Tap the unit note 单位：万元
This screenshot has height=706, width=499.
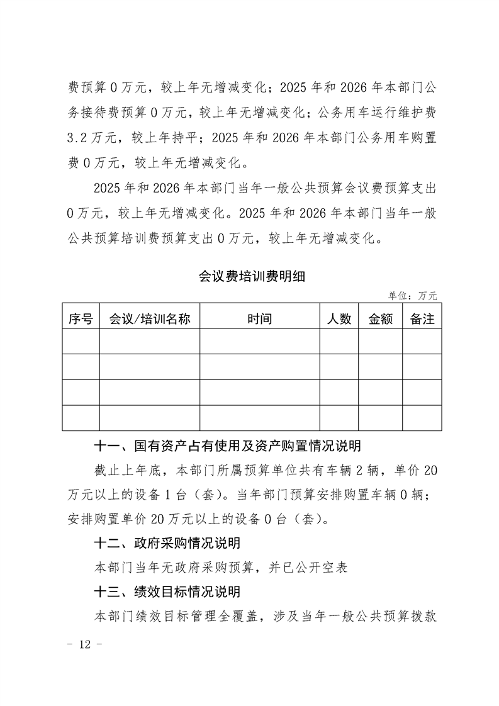click(x=413, y=295)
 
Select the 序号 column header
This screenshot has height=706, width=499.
click(x=81, y=319)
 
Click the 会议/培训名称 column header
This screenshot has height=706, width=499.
click(x=149, y=319)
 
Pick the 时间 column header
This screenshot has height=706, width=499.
click(x=259, y=319)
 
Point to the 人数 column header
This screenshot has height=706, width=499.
click(x=339, y=319)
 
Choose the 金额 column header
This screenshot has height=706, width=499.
click(x=380, y=319)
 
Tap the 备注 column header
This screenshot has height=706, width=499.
click(x=422, y=319)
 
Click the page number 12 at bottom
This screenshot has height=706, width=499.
click(x=83, y=646)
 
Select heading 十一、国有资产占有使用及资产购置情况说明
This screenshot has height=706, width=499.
click(x=227, y=447)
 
